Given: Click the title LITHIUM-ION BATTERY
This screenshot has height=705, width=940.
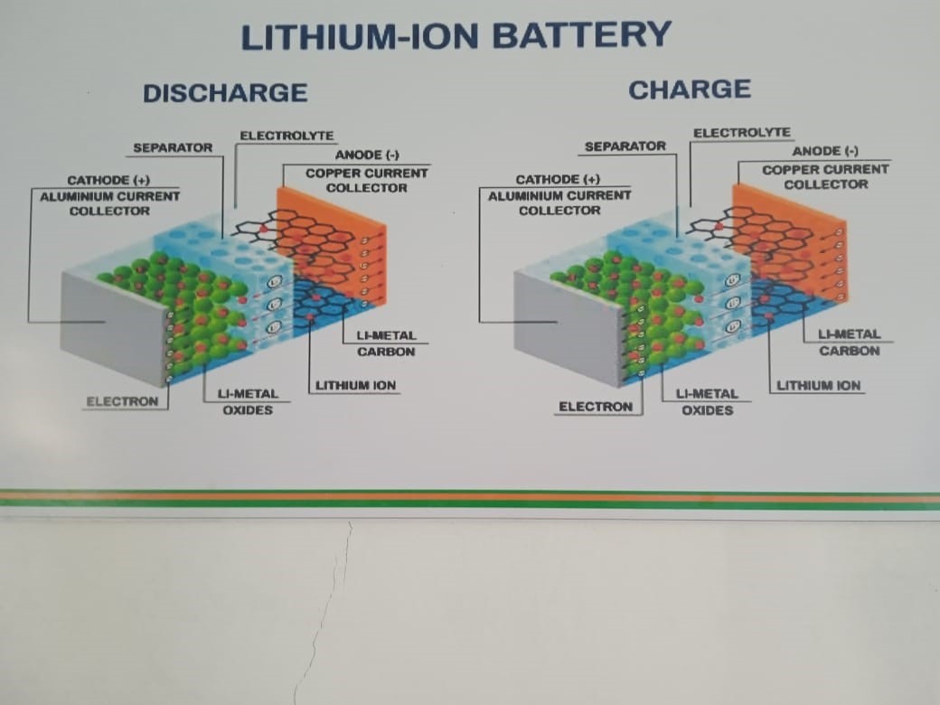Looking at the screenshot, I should pos(456,36).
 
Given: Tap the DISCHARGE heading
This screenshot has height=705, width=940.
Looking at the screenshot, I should pos(225,92).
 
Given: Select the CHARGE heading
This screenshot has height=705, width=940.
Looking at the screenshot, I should pos(690,89).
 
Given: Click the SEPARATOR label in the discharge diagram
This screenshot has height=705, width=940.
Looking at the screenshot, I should pos(173,147).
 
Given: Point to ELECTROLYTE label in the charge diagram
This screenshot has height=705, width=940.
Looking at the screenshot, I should pos(741,133).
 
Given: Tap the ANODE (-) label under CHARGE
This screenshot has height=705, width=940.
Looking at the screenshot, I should pos(825,151).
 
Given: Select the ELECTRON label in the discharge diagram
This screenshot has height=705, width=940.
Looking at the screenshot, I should pos(122,401).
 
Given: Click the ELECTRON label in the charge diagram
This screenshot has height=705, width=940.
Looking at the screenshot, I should pos(596,407).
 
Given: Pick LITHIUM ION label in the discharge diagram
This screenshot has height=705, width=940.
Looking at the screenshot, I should pos(356,386).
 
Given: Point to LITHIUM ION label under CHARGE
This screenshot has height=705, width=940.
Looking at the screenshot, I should pos(819,386).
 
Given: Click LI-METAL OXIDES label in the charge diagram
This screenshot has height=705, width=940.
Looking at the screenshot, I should pos(707,402).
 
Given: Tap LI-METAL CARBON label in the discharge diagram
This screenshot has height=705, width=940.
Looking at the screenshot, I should pos(386,343).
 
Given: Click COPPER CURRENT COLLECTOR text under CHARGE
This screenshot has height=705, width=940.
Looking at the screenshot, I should pos(825,176).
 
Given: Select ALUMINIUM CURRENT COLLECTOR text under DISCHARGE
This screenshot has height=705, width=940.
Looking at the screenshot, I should pos(109,202).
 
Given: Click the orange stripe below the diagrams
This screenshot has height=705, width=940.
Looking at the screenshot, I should pos(470,497).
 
